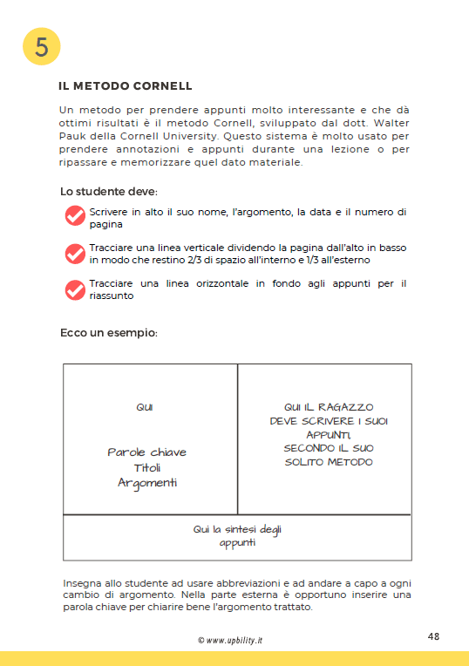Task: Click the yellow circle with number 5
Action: click(x=41, y=47)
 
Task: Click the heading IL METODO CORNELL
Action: click(x=125, y=86)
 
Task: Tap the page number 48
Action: click(x=433, y=636)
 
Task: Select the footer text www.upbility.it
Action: click(x=234, y=640)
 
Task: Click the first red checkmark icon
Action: click(x=75, y=216)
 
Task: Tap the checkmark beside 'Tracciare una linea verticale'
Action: click(x=75, y=253)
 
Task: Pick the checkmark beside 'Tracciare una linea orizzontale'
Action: click(x=75, y=289)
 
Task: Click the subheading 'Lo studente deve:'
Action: click(x=108, y=191)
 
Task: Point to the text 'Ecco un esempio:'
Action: click(x=108, y=333)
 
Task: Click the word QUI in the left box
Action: click(x=145, y=407)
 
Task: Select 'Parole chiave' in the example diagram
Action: click(x=146, y=452)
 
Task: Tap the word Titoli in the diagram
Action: click(x=146, y=467)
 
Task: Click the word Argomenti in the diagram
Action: click(x=146, y=483)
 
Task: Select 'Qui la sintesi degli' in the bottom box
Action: click(x=237, y=529)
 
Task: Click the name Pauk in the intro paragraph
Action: click(x=74, y=137)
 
